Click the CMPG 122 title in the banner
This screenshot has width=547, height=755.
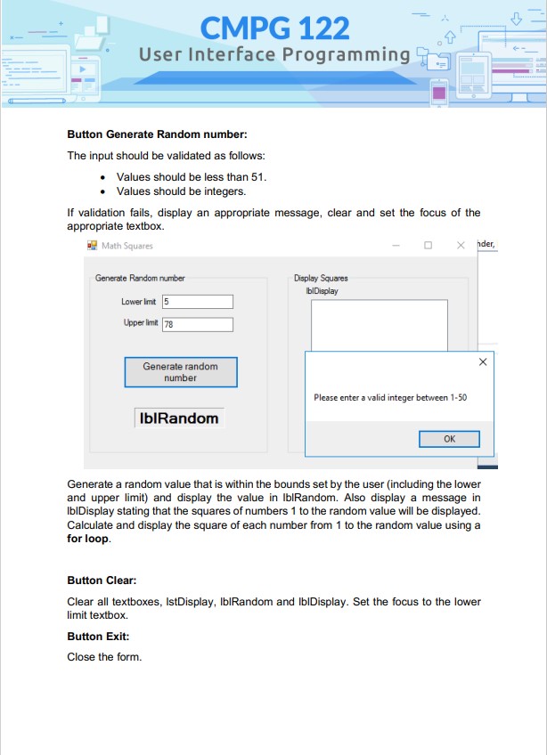click(274, 28)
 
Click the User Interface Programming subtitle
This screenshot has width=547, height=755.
click(274, 55)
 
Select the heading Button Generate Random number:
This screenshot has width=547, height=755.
click(157, 134)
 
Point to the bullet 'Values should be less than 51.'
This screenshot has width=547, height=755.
click(192, 177)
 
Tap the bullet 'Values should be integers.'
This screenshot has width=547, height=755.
click(181, 191)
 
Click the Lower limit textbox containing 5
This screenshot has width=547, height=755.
click(197, 302)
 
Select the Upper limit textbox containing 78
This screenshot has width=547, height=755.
click(197, 325)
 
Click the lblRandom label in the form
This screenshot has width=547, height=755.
click(179, 418)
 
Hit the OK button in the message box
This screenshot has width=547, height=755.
click(449, 439)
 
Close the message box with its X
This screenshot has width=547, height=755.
click(482, 362)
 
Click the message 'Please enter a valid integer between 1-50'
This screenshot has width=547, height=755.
click(390, 397)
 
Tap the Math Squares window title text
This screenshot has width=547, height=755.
click(127, 246)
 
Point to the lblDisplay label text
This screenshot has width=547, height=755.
click(322, 290)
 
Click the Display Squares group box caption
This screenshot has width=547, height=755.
click(321, 279)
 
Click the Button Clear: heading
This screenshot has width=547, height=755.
click(102, 580)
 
